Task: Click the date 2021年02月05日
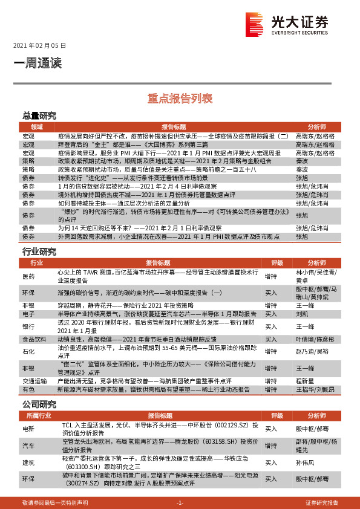pyautogui.click(x=39, y=46)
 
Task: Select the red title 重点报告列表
pyautogui.click(x=180, y=97)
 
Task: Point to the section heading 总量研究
pyautogui.click(x=39, y=115)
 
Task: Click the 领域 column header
pyautogui.click(x=36, y=127)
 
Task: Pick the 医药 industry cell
pyautogui.click(x=28, y=276)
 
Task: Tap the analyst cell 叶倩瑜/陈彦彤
pyautogui.click(x=313, y=340)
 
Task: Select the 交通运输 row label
pyautogui.click(x=34, y=381)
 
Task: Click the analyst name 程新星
pyautogui.click(x=304, y=381)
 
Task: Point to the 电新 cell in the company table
pyautogui.click(x=28, y=428)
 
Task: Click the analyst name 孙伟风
pyautogui.click(x=304, y=462)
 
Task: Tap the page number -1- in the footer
pyautogui.click(x=180, y=502)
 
